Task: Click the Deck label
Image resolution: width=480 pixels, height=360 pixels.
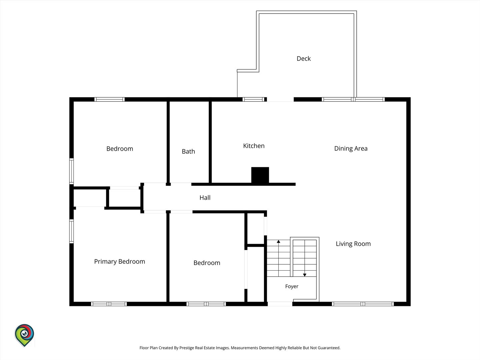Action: click(304, 59)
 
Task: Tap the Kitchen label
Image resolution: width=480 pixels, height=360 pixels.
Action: click(254, 146)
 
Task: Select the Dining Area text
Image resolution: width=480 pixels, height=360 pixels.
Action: click(351, 148)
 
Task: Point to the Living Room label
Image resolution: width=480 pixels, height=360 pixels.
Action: click(353, 244)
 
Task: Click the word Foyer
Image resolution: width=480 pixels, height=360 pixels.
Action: click(292, 286)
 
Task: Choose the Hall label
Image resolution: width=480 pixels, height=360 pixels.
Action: click(205, 198)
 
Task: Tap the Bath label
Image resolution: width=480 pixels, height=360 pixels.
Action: click(188, 151)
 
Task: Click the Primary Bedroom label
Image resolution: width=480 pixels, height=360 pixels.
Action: click(119, 261)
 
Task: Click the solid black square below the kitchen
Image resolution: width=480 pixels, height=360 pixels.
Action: click(260, 175)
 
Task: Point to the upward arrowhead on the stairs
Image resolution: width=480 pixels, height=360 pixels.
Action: click(278, 242)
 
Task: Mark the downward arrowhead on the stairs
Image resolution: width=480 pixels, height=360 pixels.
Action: click(305, 275)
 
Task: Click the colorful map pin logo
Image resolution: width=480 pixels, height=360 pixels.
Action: click(24, 335)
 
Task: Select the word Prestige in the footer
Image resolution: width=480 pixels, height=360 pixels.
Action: click(186, 348)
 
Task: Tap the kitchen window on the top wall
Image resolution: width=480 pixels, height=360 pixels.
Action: click(253, 99)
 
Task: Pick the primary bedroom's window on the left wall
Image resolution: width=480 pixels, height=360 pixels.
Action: click(72, 231)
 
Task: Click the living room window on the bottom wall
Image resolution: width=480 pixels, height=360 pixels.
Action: click(363, 304)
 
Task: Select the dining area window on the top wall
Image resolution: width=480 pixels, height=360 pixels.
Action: click(353, 99)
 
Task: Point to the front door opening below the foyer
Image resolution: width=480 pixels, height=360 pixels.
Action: click(280, 304)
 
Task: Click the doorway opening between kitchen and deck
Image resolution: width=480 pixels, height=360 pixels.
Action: click(280, 99)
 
